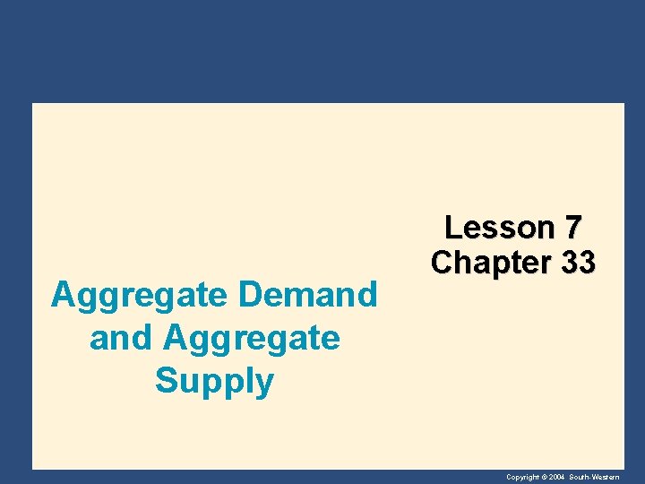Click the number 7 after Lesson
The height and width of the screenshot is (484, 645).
coord(574,228)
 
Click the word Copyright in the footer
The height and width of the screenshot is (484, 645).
coord(522,477)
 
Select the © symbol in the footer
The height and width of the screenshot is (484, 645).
coord(544,477)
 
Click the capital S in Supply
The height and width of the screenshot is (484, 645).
coord(166,381)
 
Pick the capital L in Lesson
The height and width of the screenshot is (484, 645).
coord(452,228)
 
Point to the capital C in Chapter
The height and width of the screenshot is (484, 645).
coord(442,263)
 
